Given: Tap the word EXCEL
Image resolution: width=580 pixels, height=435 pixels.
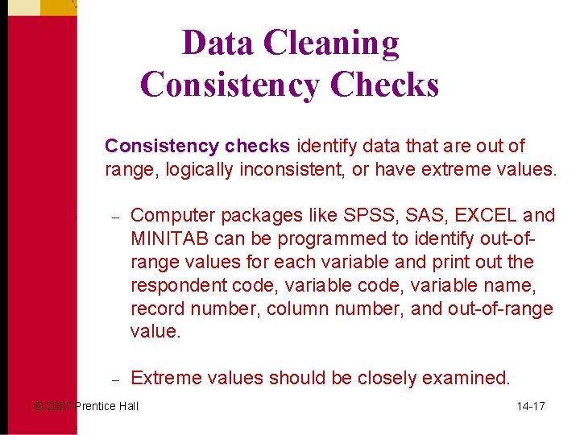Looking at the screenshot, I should coord(489,216).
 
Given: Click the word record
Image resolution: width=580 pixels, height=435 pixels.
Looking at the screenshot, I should coord(155,309).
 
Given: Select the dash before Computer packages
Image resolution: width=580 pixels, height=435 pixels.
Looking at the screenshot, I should coord(115,217).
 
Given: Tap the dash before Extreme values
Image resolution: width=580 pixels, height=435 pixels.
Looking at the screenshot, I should coord(115,379).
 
